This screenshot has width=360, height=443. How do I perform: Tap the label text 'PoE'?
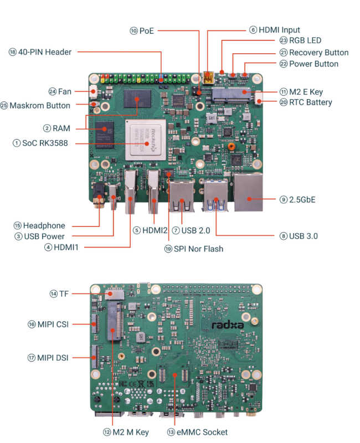147,30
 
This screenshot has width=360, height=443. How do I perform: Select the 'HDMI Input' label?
279,30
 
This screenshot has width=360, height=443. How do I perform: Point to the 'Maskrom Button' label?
40,105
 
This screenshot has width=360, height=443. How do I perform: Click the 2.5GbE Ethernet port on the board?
248,192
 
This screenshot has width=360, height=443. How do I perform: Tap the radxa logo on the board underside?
228,324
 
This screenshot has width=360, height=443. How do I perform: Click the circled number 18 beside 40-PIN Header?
12,52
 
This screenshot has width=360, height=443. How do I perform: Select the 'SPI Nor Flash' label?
198,249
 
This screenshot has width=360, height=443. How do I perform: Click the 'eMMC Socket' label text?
202,432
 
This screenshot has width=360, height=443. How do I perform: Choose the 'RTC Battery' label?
311,102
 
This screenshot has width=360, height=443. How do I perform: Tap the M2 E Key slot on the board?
231,95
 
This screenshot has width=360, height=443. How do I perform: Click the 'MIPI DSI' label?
53,358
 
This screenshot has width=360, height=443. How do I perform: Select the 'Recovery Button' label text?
319,53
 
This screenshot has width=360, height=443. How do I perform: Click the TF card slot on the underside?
115,295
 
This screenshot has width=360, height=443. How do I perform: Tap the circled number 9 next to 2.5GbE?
284,199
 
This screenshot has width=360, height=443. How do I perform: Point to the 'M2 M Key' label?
131,432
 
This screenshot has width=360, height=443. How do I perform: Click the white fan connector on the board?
93,91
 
